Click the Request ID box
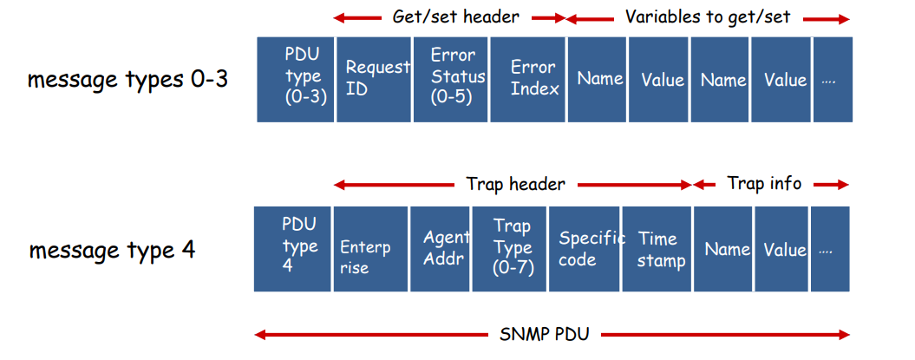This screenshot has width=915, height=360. tap(374, 80)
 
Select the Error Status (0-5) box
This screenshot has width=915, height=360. tap(450, 80)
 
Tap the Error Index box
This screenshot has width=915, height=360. tap(527, 80)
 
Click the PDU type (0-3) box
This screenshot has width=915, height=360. tap(296, 80)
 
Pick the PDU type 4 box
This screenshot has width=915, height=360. tap(292, 249)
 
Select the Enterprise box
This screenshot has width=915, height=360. tap(370, 249)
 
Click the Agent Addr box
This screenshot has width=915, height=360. tap(440, 249)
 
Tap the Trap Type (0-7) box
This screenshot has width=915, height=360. tap(509, 249)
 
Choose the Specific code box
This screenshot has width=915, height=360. tap(585, 249)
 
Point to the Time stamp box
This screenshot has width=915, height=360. tap(657, 249)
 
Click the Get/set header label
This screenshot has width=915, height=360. tap(455, 17)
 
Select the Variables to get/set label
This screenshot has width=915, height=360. tap(708, 17)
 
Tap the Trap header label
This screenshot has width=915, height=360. tap(516, 185)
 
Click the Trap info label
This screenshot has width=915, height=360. tap(764, 184)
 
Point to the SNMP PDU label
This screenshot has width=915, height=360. tap(545, 335)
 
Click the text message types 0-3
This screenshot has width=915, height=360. tap(127, 80)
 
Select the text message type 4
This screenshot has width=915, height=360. tap(113, 251)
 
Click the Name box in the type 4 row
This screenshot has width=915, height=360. tap(722, 249)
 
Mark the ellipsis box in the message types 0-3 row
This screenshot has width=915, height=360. tap(833, 80)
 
